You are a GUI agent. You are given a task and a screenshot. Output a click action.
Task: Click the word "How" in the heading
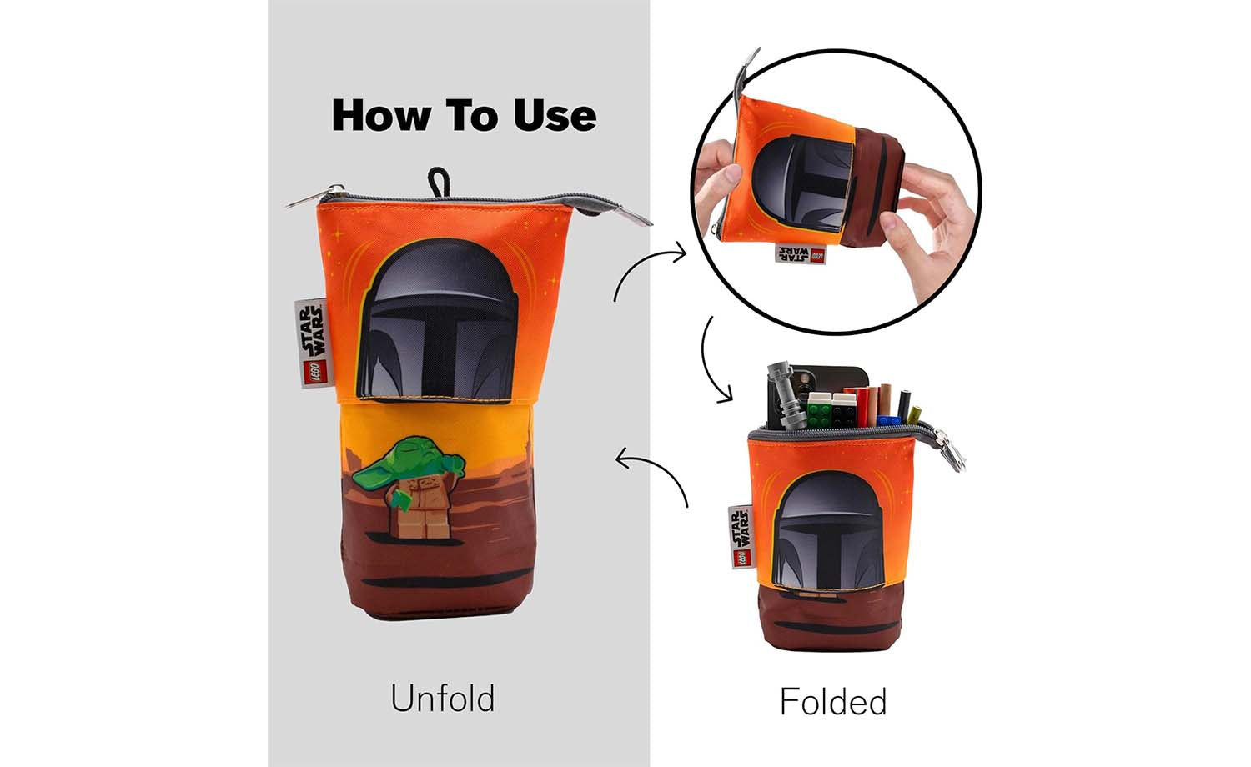click(381, 116)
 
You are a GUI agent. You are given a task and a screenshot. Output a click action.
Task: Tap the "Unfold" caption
click(443, 698)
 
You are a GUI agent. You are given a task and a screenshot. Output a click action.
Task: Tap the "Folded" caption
click(833, 702)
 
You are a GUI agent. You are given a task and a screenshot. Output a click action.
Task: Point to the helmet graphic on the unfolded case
click(437, 319)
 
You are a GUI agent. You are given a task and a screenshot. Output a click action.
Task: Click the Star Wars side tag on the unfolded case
click(310, 343)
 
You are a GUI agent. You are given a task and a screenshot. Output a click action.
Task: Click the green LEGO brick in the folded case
click(818, 410)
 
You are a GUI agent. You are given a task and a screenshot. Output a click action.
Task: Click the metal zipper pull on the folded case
click(951, 450)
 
